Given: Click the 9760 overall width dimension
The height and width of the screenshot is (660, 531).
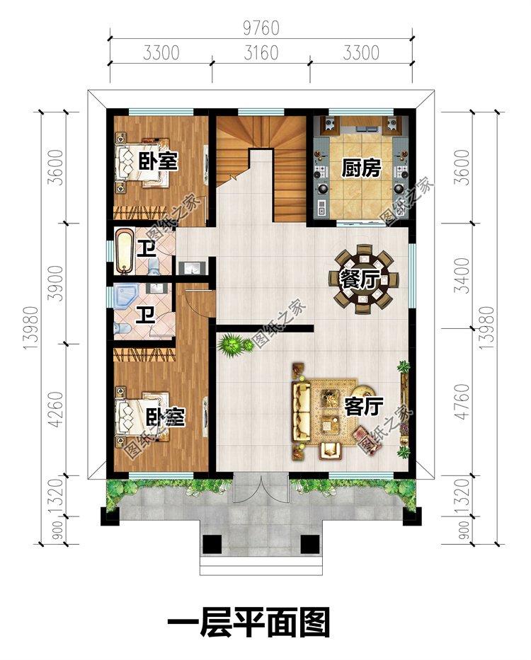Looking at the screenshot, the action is [261, 28].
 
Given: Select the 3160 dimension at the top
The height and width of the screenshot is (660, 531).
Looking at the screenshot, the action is [261, 53].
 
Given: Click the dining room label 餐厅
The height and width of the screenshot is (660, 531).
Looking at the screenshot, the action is [360, 279].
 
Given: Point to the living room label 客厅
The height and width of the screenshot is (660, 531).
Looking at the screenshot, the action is [364, 406].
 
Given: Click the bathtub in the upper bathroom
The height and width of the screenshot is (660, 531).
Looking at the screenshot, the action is [124, 251].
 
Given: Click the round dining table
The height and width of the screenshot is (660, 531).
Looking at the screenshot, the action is [363, 279].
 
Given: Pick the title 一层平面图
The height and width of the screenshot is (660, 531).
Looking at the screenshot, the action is [249, 622].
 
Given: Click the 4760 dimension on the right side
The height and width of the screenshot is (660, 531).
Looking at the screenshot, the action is [462, 401].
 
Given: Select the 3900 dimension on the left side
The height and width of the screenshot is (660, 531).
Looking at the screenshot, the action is [56, 283].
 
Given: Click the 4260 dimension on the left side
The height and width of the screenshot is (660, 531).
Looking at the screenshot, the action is [56, 410].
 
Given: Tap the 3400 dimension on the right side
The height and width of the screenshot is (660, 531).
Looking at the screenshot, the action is [462, 276].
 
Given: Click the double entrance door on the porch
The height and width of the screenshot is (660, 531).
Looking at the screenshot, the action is [261, 488].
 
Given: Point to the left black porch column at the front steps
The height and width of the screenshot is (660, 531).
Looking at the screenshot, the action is [212, 544].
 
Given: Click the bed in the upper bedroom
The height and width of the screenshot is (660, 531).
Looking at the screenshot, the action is [142, 163].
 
